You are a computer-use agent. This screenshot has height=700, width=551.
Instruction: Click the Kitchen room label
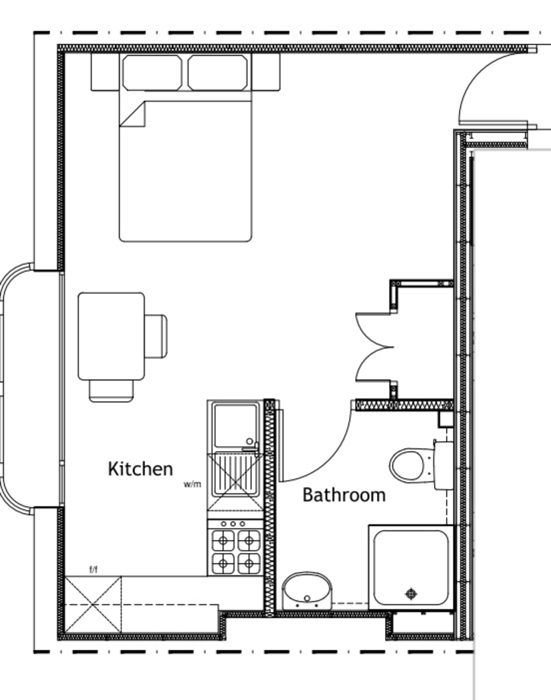(140, 469)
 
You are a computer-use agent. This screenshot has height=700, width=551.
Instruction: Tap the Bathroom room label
(344, 495)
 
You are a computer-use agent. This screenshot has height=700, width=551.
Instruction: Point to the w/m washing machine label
(192, 484)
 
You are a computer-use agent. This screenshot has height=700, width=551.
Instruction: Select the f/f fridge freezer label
(93, 569)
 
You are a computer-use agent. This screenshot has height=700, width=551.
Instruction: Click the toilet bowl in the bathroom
(408, 464)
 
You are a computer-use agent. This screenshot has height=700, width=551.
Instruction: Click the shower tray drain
(412, 594)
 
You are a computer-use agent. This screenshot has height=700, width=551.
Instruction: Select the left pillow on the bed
(152, 72)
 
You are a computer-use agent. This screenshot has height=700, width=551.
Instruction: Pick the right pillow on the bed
(217, 72)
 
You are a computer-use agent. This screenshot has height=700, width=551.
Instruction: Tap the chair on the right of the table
(156, 337)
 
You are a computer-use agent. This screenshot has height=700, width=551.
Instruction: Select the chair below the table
(111, 391)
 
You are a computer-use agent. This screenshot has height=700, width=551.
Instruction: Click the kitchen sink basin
(236, 426)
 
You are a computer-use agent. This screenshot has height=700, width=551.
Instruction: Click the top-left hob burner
(223, 541)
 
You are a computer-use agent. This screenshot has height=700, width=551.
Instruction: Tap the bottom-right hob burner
(249, 563)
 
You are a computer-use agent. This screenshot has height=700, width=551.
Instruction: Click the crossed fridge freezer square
(93, 605)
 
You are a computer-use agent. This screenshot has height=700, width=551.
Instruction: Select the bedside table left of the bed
(105, 72)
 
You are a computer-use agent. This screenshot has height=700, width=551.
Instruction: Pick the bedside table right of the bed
(266, 72)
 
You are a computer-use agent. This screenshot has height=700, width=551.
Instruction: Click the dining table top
(111, 337)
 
